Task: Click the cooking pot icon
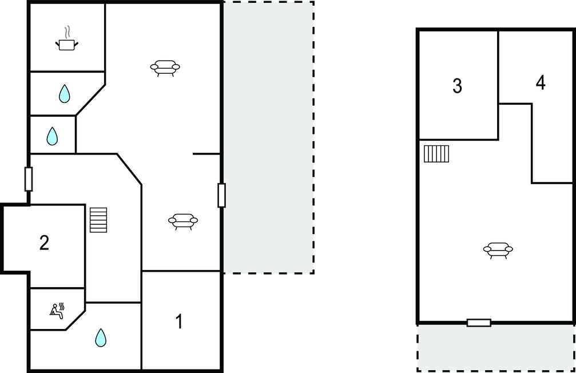click(x=67, y=45)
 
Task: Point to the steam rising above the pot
click(x=67, y=33)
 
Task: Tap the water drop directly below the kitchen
click(x=64, y=94)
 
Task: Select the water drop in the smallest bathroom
click(x=52, y=136)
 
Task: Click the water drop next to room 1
click(x=101, y=338)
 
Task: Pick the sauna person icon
click(x=57, y=311)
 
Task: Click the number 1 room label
click(x=179, y=321)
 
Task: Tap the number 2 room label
click(x=44, y=243)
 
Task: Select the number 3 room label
click(x=458, y=86)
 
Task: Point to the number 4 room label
click(x=541, y=83)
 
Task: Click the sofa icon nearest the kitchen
click(x=165, y=68)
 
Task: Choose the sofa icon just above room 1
click(x=183, y=221)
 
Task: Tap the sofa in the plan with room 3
click(x=498, y=250)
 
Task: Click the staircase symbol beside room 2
click(x=98, y=220)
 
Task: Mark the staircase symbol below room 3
click(x=436, y=154)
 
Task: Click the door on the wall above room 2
click(x=28, y=179)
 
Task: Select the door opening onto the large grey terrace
click(x=221, y=196)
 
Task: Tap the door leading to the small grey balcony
click(x=479, y=323)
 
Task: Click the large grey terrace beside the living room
click(x=268, y=137)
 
